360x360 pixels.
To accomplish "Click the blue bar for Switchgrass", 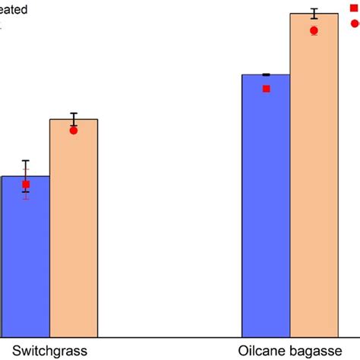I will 25,258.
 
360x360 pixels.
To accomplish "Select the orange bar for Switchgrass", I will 74,228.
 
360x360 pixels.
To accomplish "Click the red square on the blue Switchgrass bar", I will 26,185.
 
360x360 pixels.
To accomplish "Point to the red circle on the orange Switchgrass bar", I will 74,131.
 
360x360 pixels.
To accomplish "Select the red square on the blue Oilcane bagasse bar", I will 267,89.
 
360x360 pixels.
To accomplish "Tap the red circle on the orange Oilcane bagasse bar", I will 314,30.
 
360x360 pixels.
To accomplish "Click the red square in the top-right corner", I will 354,7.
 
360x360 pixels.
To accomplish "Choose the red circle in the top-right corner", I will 355,24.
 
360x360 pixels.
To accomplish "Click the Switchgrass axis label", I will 44,351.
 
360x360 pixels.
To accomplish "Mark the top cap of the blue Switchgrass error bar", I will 26,161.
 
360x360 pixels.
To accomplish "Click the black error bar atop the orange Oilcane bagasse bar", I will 314,14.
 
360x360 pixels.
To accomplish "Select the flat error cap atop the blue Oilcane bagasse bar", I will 266,74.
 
